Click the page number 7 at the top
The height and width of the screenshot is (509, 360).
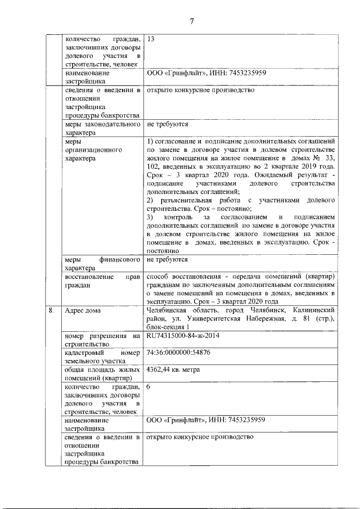(x=191, y=21)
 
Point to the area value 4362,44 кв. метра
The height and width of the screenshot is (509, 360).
(x=173, y=370)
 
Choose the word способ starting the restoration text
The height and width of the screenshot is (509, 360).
(x=159, y=277)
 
